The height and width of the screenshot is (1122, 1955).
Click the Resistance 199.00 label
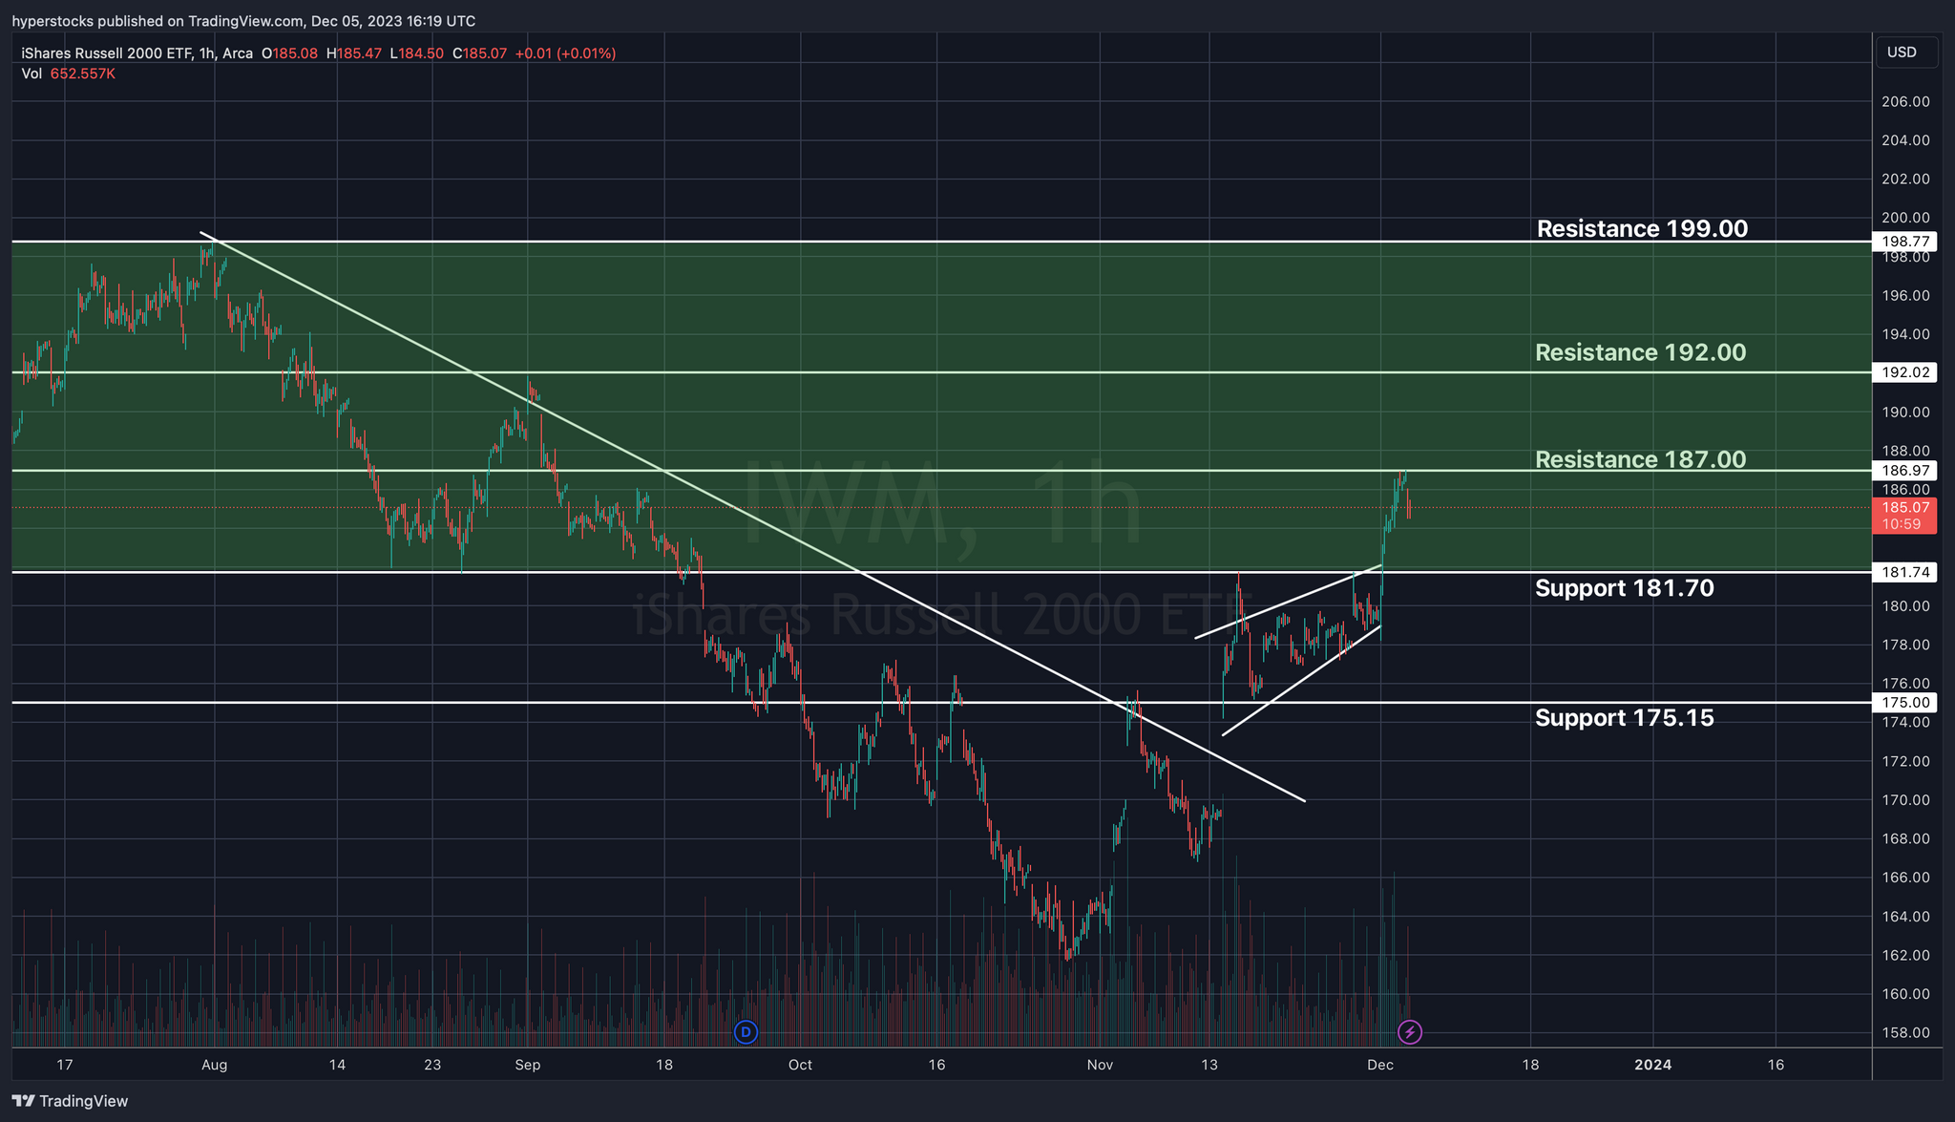click(1642, 229)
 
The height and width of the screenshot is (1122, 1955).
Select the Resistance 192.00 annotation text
click(1640, 353)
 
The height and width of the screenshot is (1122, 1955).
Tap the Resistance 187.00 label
click(1640, 460)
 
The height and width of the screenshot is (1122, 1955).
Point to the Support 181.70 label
click(1624, 588)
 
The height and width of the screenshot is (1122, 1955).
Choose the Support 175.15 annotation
click(1624, 718)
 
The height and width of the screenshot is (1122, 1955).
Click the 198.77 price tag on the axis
click(1903, 242)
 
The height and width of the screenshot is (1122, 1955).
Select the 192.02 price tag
click(1903, 372)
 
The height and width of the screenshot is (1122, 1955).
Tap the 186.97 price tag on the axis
click(1903, 470)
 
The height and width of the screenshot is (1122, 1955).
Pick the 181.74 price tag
click(1903, 572)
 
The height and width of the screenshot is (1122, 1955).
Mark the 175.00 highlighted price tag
click(1903, 703)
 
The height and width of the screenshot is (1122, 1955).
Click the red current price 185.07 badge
click(1903, 516)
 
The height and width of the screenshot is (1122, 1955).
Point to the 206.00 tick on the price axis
click(1903, 101)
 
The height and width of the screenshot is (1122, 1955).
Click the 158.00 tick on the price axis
click(1903, 1032)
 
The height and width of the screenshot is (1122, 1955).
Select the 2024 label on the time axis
click(1652, 1065)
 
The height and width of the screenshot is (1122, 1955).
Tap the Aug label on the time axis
click(214, 1065)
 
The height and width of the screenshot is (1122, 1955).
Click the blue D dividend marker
click(746, 1031)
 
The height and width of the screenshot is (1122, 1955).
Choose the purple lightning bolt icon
click(1409, 1031)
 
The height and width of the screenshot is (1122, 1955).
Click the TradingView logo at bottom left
click(70, 1101)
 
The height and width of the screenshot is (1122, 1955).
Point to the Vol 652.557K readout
click(69, 74)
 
